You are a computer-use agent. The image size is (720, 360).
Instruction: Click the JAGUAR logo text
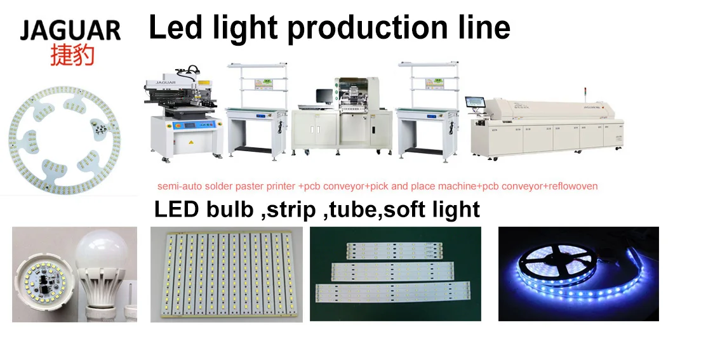(x=70, y=29)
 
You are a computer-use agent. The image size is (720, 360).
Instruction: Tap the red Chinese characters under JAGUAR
(x=72, y=55)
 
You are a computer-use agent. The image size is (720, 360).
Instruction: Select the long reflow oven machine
(x=546, y=127)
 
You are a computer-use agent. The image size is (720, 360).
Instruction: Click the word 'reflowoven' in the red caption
(x=573, y=186)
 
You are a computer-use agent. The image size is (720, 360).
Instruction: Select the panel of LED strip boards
(x=227, y=273)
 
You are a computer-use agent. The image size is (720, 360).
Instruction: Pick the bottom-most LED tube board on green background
(x=394, y=293)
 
